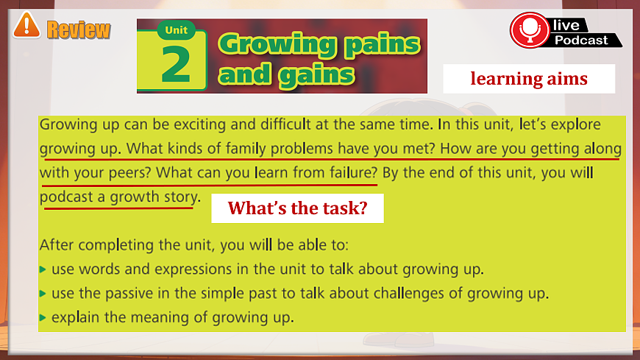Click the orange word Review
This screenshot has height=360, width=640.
tap(78, 29)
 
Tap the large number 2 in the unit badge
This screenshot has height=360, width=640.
tap(176, 65)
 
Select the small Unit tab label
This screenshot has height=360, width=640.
tap(176, 31)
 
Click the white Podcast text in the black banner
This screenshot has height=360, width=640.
tap(581, 40)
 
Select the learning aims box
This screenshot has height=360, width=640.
tap(529, 78)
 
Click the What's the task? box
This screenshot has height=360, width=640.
tap(296, 208)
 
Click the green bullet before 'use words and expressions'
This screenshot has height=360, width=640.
tap(43, 269)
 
